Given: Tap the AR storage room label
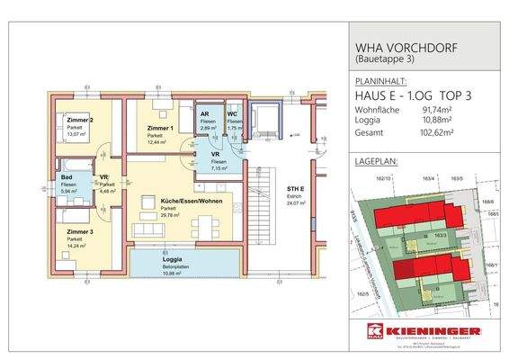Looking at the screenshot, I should click(x=206, y=115).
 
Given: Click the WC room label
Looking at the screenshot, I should click(x=231, y=115).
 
